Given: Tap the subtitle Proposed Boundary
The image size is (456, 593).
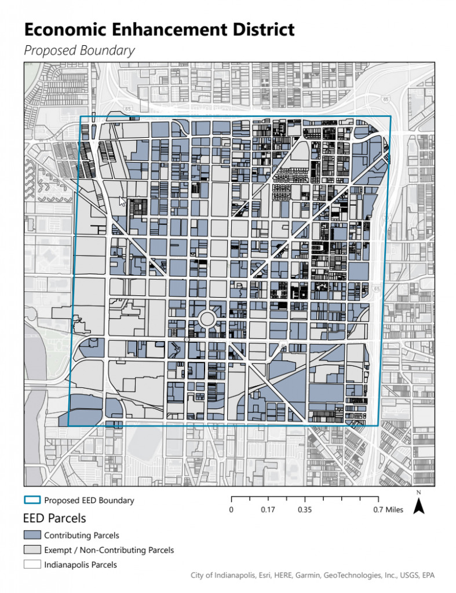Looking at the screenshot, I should pyautogui.click(x=79, y=50).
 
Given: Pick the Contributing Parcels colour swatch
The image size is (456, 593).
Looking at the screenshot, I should pyautogui.click(x=32, y=535).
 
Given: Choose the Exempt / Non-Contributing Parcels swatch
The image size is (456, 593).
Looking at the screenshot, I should pyautogui.click(x=32, y=550).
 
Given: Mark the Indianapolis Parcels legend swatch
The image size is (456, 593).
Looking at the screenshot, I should pyautogui.click(x=32, y=564).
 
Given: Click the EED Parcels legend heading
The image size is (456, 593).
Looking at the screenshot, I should pyautogui.click(x=54, y=518).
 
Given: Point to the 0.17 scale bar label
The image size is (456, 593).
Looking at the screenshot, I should pyautogui.click(x=268, y=510).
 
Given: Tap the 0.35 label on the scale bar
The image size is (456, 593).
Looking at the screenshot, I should pyautogui.click(x=305, y=510).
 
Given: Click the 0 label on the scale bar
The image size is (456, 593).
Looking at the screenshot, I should pyautogui.click(x=231, y=510).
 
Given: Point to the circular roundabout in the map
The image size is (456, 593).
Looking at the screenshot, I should pyautogui.click(x=207, y=319).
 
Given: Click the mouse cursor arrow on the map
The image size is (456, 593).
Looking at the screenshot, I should pyautogui.click(x=122, y=201).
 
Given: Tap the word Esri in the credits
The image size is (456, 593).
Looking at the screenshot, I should pyautogui.click(x=269, y=575).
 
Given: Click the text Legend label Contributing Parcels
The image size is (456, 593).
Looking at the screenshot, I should pyautogui.click(x=81, y=535).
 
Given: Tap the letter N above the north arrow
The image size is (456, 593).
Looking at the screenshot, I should pyautogui.click(x=419, y=493).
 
